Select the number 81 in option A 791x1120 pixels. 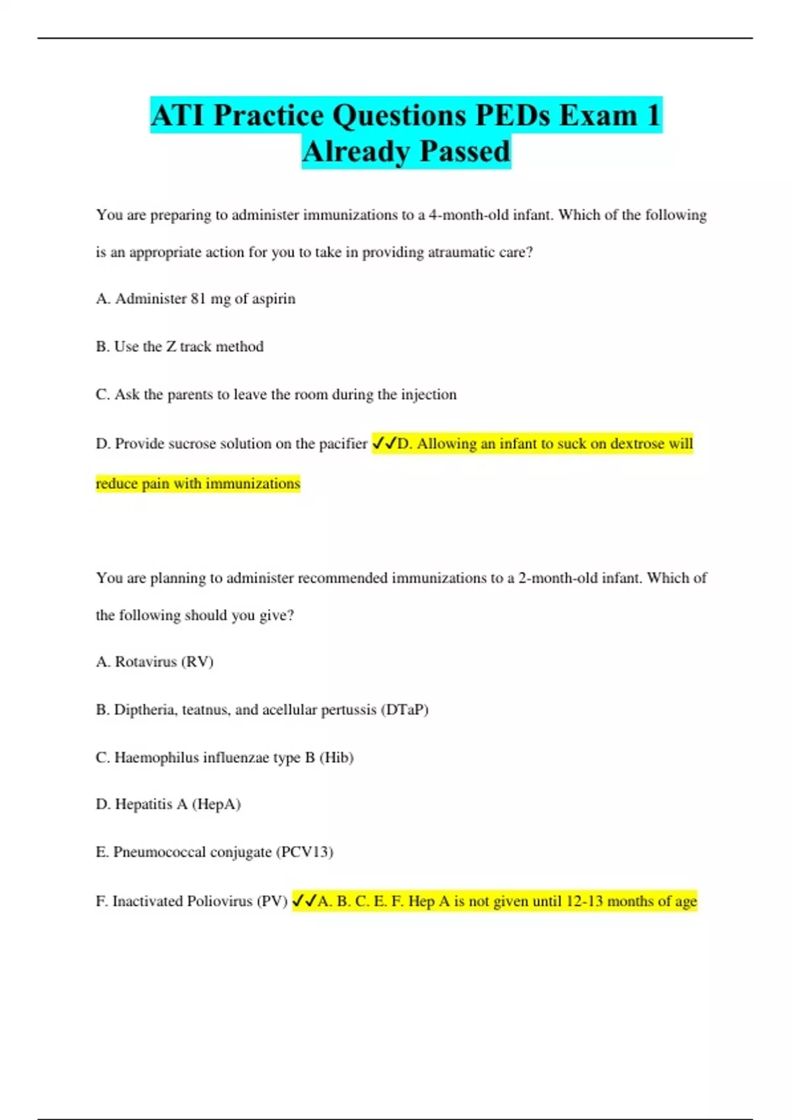198,298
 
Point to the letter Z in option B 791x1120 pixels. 171,347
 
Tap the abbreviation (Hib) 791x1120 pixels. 336,758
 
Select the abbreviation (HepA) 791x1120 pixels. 216,804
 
